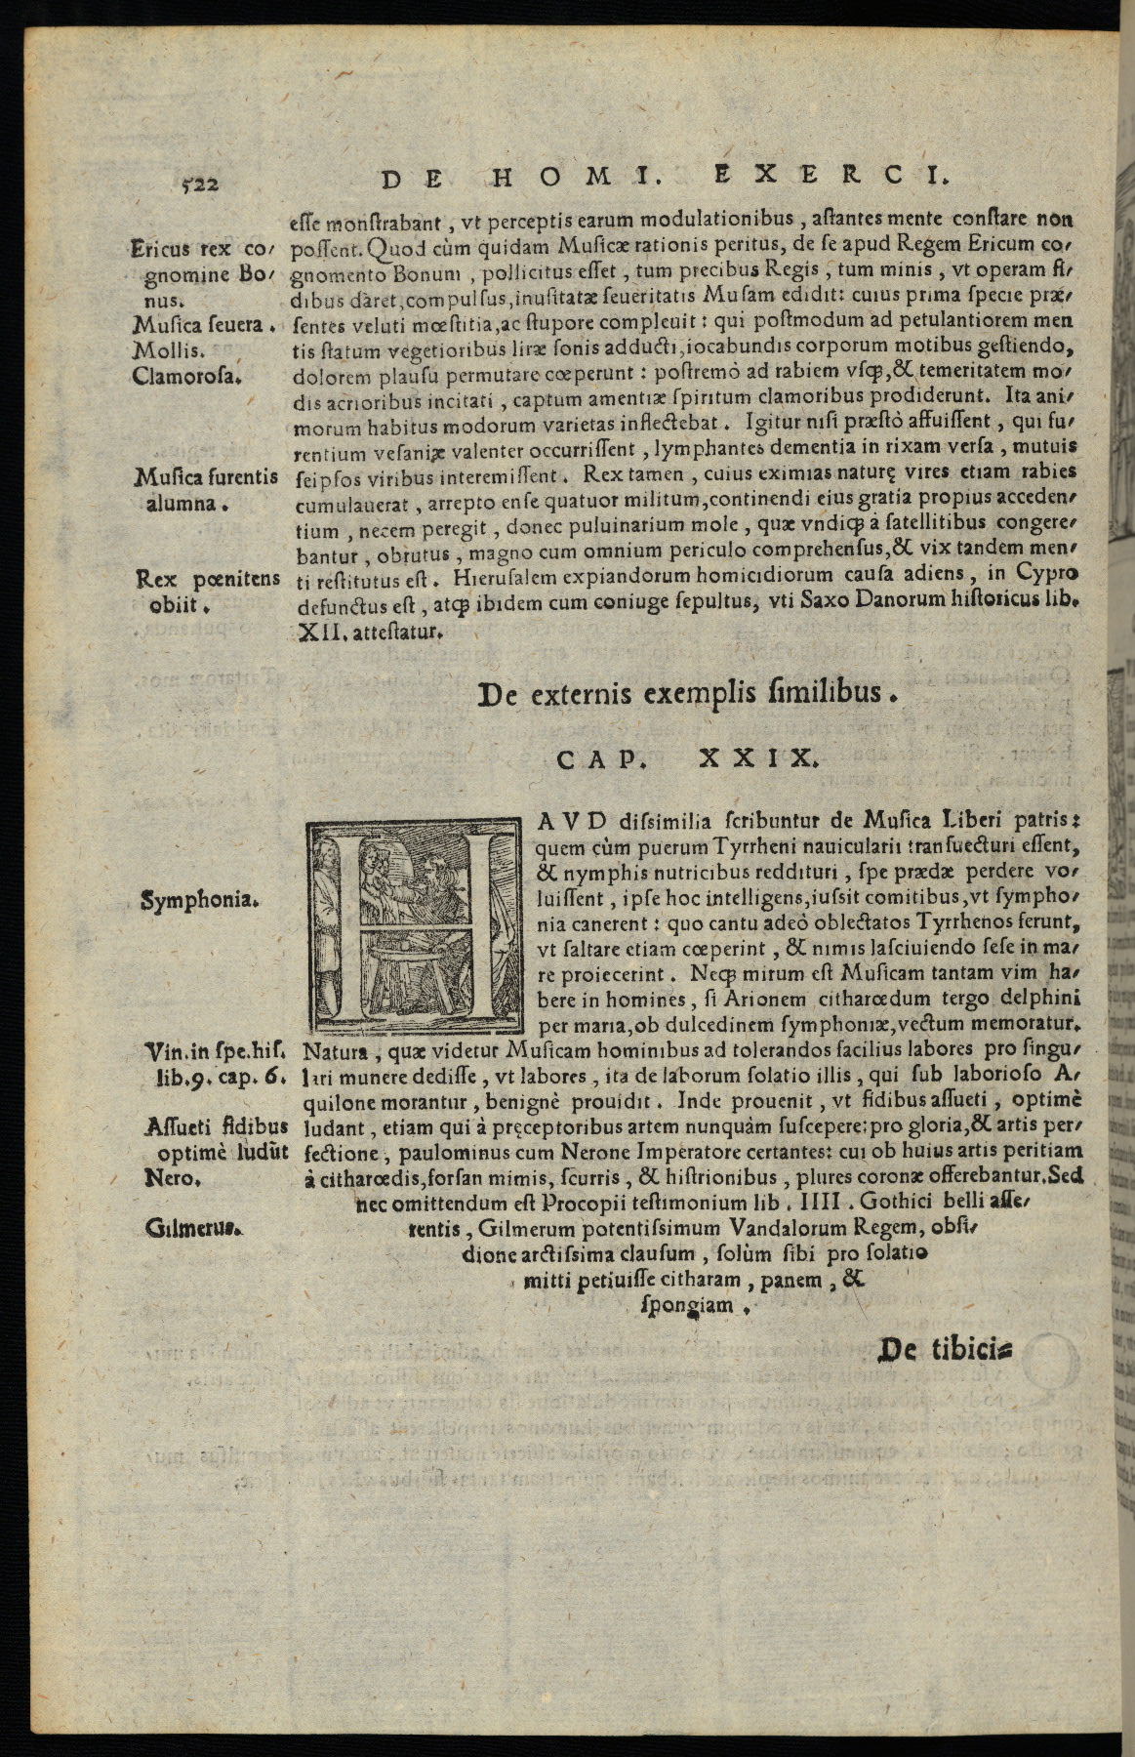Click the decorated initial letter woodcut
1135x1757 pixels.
point(416,925)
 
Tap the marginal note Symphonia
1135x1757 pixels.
point(200,900)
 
